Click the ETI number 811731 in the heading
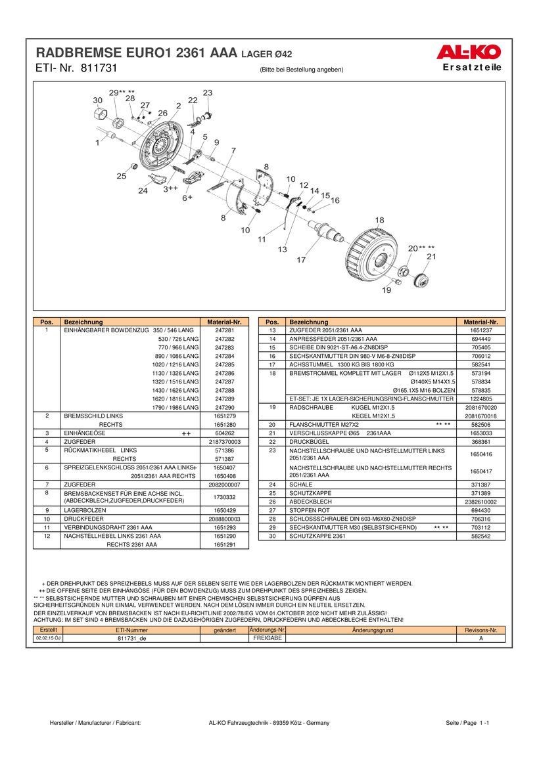(x=99, y=68)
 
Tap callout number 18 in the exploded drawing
(x=379, y=220)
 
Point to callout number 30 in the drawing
(x=97, y=100)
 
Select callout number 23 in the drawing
(x=208, y=93)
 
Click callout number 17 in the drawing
(x=301, y=260)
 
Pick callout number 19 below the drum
(x=387, y=290)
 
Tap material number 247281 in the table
(x=225, y=330)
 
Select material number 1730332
(x=225, y=497)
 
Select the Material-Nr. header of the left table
(x=225, y=322)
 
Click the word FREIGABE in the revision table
(x=268, y=638)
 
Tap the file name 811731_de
(x=133, y=638)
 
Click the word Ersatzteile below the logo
(x=472, y=67)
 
